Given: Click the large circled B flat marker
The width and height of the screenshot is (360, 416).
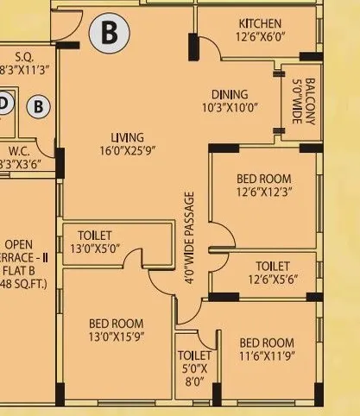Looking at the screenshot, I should [110, 33].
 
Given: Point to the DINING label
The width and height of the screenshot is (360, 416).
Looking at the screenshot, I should [229, 95].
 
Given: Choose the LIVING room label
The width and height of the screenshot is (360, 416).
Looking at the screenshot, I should [127, 138].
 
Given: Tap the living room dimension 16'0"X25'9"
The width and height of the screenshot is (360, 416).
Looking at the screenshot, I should [127, 152].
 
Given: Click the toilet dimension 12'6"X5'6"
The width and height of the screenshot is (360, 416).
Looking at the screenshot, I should [273, 280].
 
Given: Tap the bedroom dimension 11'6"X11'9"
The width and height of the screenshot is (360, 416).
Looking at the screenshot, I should [268, 355].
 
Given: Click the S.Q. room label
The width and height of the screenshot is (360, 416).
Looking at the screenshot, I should [23, 57].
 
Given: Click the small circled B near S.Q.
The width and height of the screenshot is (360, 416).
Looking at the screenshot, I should [38, 107].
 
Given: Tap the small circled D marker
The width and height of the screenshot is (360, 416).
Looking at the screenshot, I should [5, 104].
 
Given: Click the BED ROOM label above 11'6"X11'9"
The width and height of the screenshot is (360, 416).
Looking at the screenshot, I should [267, 342].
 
